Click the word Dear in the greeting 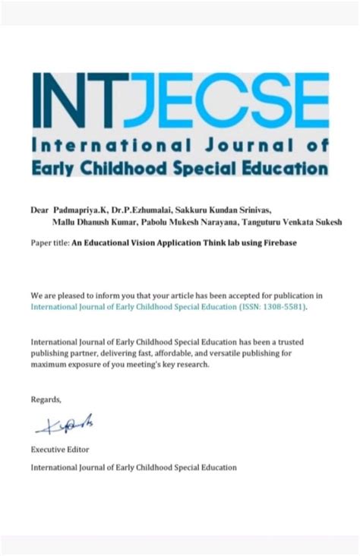point(39,208)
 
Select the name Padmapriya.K point(79,208)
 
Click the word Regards point(46,399)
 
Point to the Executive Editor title point(60,450)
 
